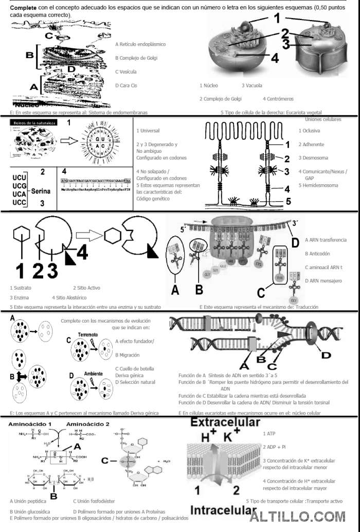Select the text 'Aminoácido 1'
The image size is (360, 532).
(33, 423)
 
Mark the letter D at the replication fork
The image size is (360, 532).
(326, 354)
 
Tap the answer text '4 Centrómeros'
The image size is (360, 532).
(278, 98)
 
